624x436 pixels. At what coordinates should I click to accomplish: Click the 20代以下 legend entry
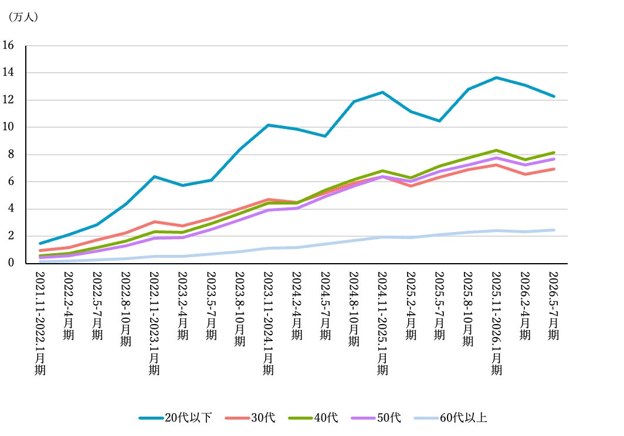tap(175, 418)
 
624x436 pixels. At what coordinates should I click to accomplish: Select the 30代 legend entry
tap(250, 418)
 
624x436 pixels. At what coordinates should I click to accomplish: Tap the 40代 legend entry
tap(313, 418)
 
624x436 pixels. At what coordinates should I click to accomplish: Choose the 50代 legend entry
tap(376, 418)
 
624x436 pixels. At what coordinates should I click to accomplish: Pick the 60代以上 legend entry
tap(450, 418)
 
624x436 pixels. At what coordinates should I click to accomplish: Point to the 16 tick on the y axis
tap(8, 45)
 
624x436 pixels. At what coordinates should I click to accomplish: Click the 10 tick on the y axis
tap(8, 127)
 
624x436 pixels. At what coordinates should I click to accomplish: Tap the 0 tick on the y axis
tap(11, 263)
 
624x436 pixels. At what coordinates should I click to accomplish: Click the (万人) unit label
tap(23, 17)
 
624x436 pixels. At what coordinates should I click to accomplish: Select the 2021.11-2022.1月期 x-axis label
tap(40, 323)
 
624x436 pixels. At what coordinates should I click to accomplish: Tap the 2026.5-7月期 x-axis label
tap(554, 306)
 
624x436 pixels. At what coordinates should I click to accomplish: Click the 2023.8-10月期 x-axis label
tap(239, 309)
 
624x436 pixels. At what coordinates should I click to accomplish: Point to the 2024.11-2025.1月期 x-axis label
tap(382, 323)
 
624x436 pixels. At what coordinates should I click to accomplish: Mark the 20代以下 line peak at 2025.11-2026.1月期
tap(496, 77)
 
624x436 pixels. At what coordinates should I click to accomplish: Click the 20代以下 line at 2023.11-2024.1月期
tap(268, 125)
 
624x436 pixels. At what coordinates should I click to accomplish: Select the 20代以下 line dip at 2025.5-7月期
tap(439, 121)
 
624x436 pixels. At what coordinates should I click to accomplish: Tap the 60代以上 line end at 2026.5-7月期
tap(554, 230)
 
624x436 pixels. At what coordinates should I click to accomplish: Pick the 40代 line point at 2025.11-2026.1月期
tap(496, 151)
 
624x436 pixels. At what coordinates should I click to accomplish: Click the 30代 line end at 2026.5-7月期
tap(554, 169)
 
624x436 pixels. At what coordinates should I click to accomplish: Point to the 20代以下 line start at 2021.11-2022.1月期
tap(40, 243)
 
